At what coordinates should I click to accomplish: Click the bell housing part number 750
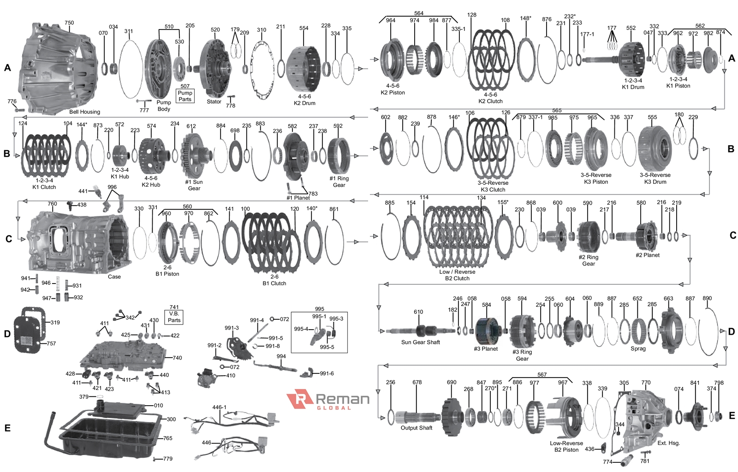69,23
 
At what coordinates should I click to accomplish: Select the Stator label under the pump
214,101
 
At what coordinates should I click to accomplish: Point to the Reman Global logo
328,400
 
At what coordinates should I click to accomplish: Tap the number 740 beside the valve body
177,358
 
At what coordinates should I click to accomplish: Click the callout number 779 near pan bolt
167,459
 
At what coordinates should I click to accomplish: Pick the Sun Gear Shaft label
420,342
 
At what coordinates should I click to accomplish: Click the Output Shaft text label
416,428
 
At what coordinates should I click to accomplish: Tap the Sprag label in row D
638,348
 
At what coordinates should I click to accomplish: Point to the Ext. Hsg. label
668,443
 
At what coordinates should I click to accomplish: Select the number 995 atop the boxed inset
320,309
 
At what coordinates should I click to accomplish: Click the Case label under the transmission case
114,277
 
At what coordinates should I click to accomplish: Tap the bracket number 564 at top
418,13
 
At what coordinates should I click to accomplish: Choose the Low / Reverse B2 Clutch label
457,275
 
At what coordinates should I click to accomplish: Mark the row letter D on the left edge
7,334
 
